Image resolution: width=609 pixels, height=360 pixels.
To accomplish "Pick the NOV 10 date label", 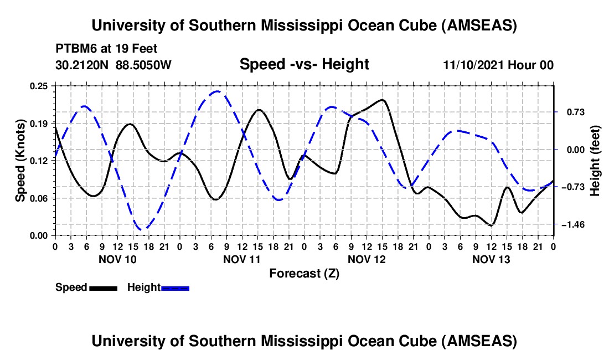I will point(117,259).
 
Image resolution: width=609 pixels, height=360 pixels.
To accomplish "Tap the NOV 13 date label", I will point(491,259).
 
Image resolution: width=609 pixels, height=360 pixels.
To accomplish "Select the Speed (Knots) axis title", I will point(20,161).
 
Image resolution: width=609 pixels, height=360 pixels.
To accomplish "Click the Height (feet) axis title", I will point(595,161).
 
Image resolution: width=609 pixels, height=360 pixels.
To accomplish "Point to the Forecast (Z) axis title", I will point(304,273).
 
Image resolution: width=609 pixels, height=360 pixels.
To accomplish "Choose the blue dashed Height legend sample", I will point(175,287).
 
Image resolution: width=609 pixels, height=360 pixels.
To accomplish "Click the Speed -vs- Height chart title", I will point(304,64).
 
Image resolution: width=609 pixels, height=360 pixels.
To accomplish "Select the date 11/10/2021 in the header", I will point(474,65).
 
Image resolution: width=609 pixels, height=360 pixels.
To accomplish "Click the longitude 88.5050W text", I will point(144,65).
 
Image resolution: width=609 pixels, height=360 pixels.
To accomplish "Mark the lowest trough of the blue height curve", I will point(142,229).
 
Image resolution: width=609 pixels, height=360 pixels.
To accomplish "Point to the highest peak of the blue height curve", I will point(218,91).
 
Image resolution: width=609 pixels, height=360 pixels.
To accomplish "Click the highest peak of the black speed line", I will point(382,100).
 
